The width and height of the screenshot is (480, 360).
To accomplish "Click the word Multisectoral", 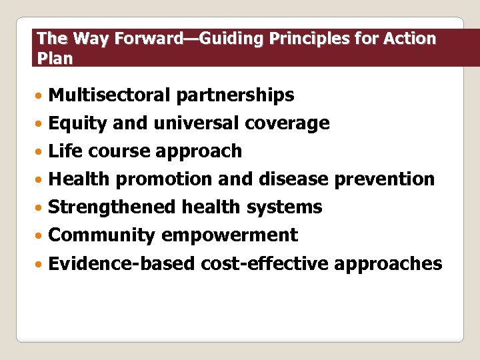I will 109,95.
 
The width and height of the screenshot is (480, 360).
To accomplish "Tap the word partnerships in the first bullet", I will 235,95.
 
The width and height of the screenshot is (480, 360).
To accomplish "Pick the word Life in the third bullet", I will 65,151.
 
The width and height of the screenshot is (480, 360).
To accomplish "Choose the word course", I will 119,151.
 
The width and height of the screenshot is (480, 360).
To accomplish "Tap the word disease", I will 293,179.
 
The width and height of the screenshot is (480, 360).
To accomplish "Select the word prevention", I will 385,179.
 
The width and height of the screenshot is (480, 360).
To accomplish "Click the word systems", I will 284,207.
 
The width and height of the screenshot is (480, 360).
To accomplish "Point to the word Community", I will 102,235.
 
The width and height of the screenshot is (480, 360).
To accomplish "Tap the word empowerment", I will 229,235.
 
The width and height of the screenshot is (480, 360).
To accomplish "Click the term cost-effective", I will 265,263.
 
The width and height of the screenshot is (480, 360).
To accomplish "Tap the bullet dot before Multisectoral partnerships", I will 41,96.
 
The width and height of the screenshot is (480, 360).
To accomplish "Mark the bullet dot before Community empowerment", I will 41,236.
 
